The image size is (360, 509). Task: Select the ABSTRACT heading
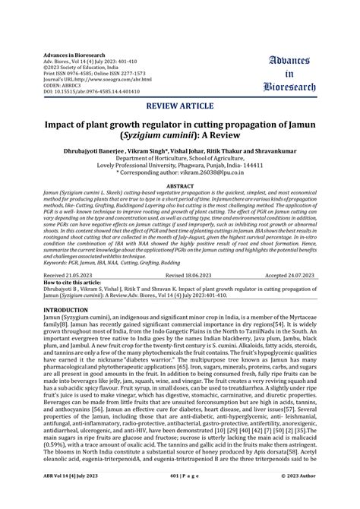point(180,185)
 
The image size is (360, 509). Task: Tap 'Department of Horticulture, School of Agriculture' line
point(180,159)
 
